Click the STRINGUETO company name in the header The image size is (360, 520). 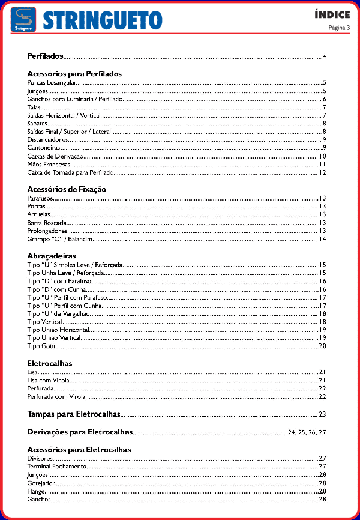(x=103, y=20)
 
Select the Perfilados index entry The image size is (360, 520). (x=45, y=56)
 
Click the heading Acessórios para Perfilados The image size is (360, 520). (x=74, y=74)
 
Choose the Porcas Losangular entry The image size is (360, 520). (x=53, y=82)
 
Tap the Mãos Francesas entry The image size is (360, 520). (x=49, y=164)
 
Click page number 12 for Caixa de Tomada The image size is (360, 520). (x=322, y=172)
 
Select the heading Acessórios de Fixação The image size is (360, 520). (x=67, y=189)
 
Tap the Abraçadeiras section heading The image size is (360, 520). (x=52, y=255)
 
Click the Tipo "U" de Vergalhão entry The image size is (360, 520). (x=59, y=313)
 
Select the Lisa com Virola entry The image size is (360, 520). (x=49, y=380)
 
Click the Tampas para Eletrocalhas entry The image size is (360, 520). (x=74, y=414)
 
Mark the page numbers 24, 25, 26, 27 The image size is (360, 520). (x=307, y=432)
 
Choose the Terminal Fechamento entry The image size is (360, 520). (x=57, y=466)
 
